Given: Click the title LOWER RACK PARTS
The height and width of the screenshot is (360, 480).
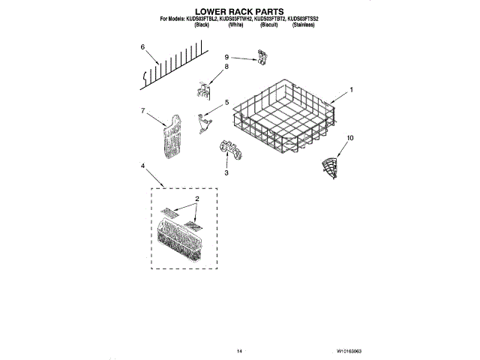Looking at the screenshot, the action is pos(239,12).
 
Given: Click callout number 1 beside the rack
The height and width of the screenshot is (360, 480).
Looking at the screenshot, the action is pos(349,90).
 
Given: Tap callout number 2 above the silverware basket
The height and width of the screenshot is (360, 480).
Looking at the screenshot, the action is pos(196,200).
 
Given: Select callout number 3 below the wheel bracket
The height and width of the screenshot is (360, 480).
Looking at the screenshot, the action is pos(226,173).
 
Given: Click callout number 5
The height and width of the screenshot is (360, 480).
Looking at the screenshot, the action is pos(226,102).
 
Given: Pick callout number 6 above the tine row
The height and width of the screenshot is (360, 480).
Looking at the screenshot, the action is pos(142,47).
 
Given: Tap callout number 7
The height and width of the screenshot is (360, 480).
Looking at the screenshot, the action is pos(142,111).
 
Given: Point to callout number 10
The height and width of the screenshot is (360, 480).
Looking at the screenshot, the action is pos(349,137).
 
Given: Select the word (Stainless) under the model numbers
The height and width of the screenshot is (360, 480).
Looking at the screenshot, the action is pos(303,25).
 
